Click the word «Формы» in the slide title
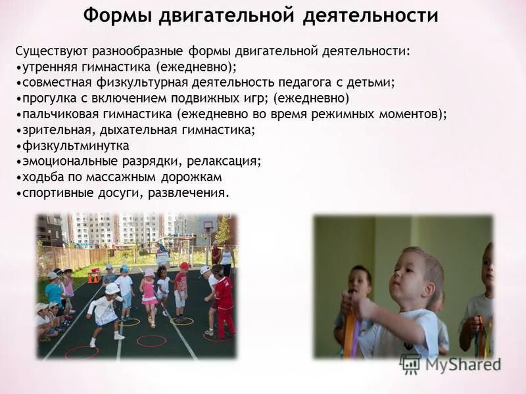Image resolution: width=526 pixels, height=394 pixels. coord(116,16)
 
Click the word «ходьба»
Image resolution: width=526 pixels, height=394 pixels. coord(40,177)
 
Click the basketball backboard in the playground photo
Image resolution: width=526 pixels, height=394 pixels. coord(208,226)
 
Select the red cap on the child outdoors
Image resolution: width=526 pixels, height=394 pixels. coord(184,266)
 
